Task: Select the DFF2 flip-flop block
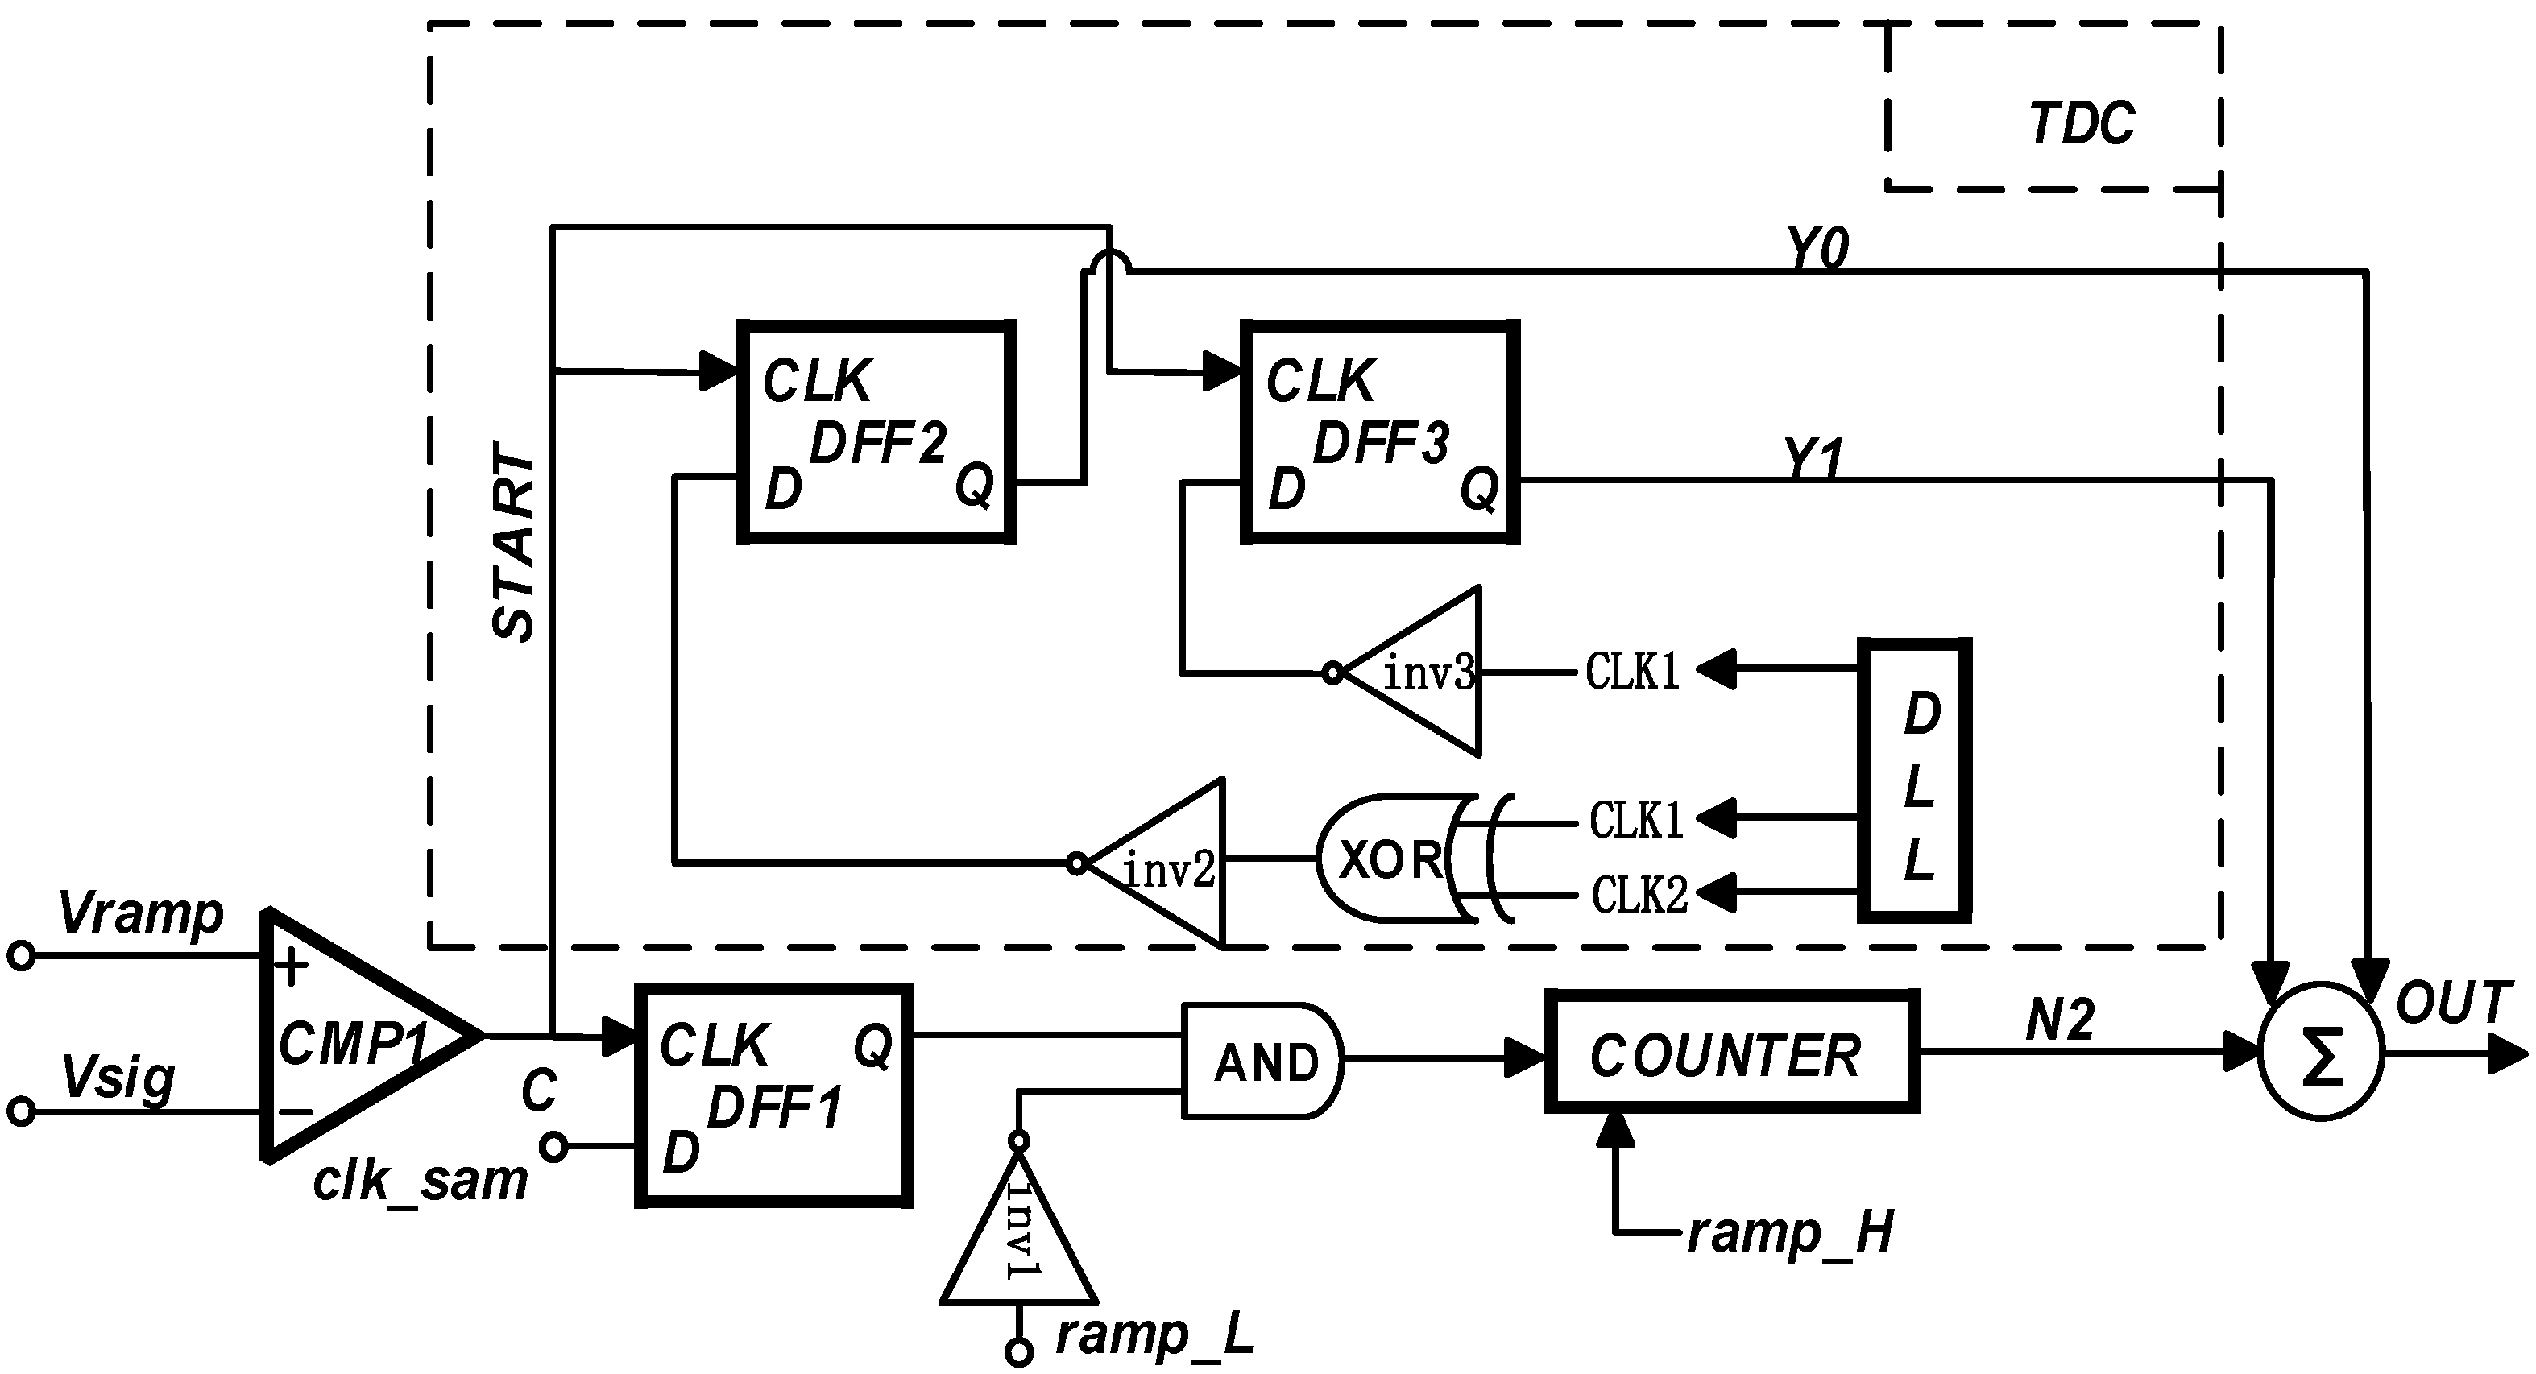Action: click(x=876, y=431)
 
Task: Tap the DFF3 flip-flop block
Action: click(x=1379, y=431)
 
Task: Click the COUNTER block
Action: click(x=1730, y=1052)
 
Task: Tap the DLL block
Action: click(x=1915, y=780)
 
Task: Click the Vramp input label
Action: click(x=141, y=914)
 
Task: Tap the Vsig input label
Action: click(x=118, y=1078)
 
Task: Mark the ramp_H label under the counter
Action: click(x=1790, y=1232)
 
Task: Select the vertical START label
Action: click(x=514, y=542)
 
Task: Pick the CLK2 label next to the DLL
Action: click(x=1639, y=895)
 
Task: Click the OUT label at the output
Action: click(x=2452, y=1003)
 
